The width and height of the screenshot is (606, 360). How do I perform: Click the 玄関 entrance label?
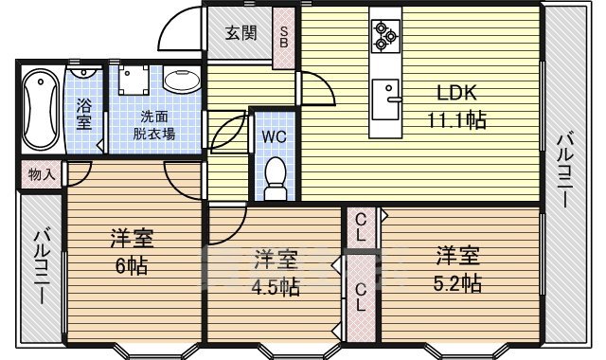(240, 34)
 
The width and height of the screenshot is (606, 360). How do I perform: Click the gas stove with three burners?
(383, 35)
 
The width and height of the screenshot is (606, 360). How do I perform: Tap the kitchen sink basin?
(385, 97)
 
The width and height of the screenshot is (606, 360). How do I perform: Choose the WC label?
(274, 135)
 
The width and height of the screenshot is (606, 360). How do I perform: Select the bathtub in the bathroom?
(41, 112)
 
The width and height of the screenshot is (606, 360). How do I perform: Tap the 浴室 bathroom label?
(84, 115)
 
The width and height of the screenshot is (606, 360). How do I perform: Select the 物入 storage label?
(41, 174)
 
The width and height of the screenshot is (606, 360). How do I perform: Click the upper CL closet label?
(361, 227)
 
